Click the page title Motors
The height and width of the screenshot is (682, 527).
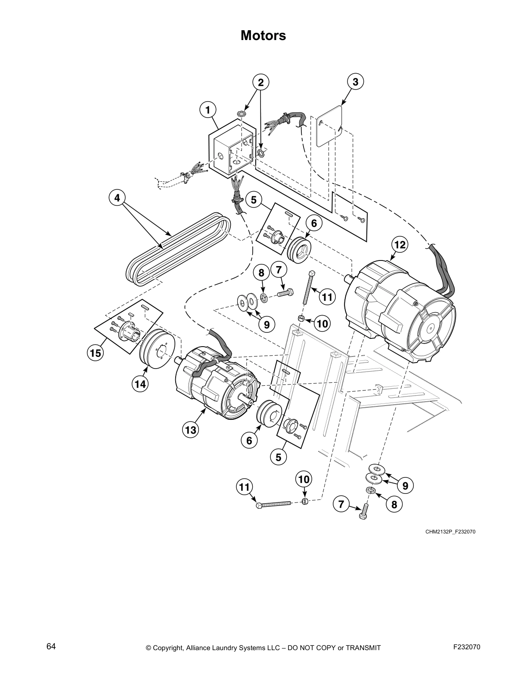[263, 35]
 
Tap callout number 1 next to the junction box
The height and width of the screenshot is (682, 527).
[208, 110]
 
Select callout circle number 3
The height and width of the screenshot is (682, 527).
[355, 82]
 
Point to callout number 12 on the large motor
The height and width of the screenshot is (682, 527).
[400, 245]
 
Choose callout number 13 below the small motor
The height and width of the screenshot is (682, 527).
[190, 430]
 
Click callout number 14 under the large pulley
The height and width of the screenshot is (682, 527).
[140, 384]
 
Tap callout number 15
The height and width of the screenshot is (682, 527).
[95, 353]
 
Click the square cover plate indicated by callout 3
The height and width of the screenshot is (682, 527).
[329, 125]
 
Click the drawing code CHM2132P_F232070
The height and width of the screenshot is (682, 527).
[450, 531]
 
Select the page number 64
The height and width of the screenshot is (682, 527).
[51, 646]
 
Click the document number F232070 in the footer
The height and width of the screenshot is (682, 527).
[467, 646]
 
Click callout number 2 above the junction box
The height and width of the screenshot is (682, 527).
[260, 82]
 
